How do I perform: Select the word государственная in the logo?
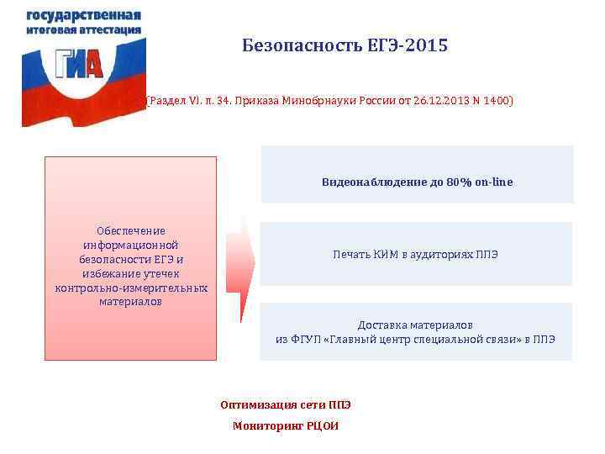[x=83, y=16]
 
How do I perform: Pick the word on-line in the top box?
[x=493, y=182]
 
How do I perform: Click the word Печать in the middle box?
[x=352, y=254]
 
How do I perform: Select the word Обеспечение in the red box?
[x=130, y=230]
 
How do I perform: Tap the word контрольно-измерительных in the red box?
[x=130, y=288]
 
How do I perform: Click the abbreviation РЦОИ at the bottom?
[x=321, y=425]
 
